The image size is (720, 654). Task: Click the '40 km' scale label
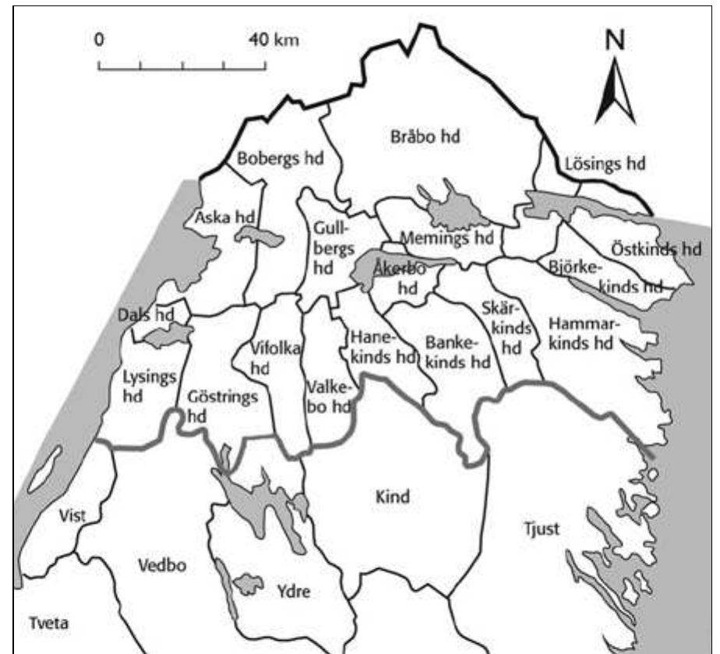tap(274, 39)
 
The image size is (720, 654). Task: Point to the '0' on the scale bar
tap(99, 39)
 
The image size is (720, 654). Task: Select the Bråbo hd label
tap(424, 136)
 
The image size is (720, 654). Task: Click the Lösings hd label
tap(605, 164)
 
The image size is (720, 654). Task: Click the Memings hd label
tap(446, 238)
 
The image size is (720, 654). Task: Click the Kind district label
tap(392, 497)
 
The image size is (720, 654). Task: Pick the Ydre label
tap(293, 592)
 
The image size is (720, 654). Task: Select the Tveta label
tap(49, 624)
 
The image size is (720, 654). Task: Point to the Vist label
tap(72, 515)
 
